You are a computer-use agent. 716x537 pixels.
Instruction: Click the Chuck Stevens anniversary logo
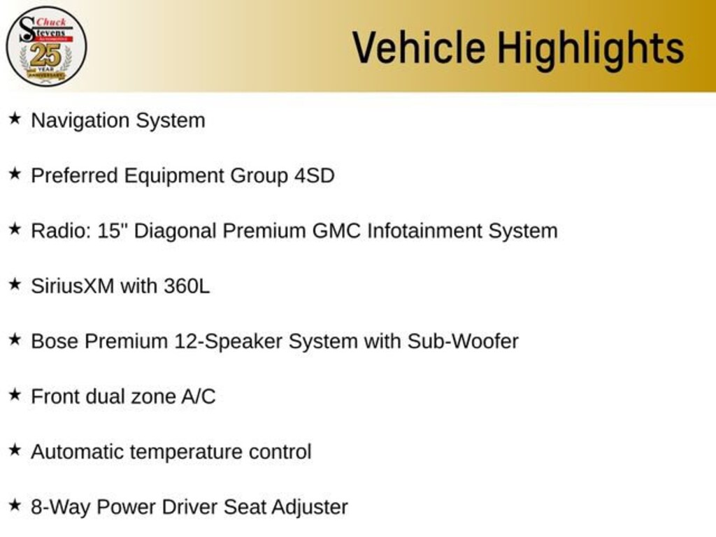46,46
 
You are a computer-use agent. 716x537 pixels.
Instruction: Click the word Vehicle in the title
419,47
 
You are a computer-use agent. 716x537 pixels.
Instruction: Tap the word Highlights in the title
591,50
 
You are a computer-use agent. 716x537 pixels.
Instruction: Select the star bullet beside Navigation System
15,119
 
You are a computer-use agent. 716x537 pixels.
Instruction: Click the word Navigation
80,121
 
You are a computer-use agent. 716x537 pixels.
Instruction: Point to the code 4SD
314,176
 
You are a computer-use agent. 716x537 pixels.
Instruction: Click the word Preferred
74,176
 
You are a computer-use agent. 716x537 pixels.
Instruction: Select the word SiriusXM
73,286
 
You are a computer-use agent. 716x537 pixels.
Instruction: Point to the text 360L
187,286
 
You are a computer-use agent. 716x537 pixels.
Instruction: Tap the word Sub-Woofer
463,341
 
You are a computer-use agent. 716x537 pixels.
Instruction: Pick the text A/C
199,396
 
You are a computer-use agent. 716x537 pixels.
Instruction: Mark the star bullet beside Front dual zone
15,395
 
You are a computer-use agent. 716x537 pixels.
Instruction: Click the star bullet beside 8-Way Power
15,506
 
